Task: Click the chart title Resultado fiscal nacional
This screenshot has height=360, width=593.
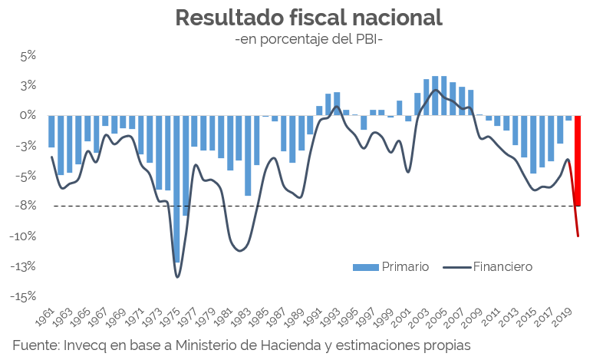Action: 308,18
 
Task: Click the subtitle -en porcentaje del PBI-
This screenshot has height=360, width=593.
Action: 308,38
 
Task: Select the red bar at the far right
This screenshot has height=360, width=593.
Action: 577,160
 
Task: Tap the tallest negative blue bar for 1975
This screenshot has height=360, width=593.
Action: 176,189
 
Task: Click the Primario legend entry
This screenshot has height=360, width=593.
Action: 390,267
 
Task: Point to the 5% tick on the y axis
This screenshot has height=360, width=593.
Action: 28,55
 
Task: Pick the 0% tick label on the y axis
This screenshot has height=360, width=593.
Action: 28,116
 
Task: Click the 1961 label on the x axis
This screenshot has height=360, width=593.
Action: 46,315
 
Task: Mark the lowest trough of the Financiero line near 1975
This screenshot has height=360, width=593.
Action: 177,277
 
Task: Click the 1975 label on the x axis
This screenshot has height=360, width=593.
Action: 173,315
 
